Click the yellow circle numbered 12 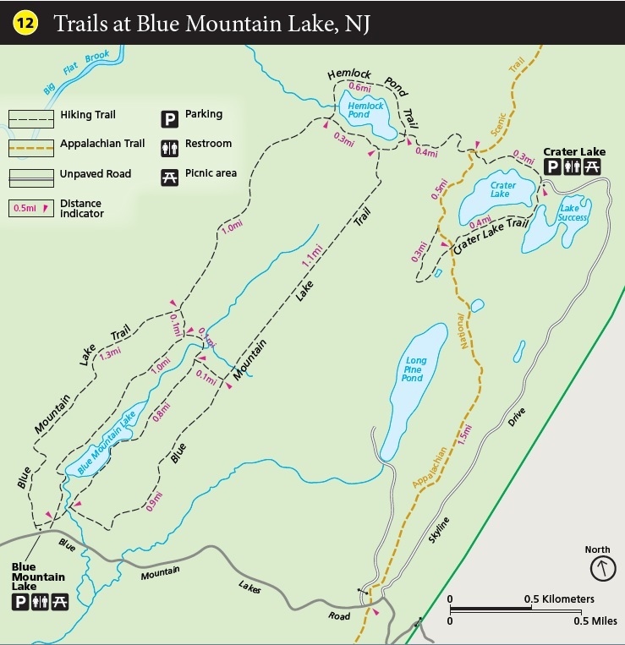point(24,23)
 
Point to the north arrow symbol point(598,567)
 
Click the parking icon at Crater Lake point(552,167)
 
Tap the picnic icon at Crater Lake point(593,167)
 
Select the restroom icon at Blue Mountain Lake point(39,602)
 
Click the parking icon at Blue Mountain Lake point(19,602)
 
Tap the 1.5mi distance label point(464,433)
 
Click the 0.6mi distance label point(359,87)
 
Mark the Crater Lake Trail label point(490,237)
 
